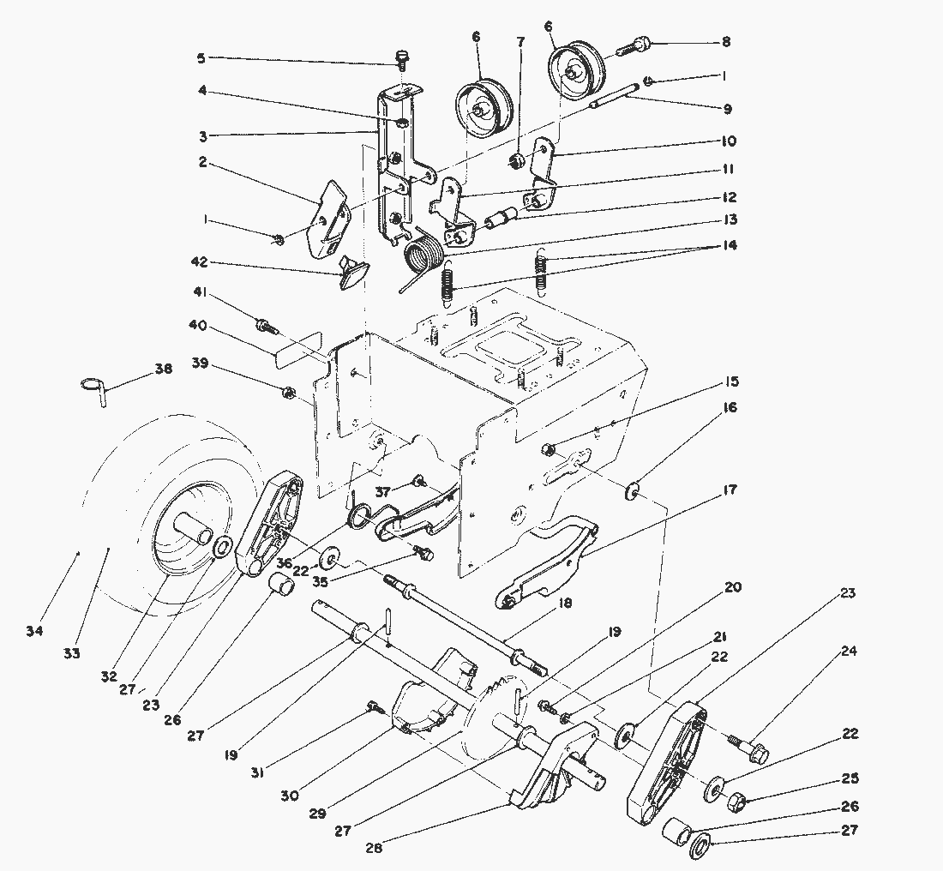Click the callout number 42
click(199, 262)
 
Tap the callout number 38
click(164, 368)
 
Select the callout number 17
click(730, 490)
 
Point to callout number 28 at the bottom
click(374, 848)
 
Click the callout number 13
click(730, 219)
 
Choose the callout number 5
click(201, 58)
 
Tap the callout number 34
click(35, 631)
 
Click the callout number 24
click(849, 650)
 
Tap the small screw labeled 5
click(400, 59)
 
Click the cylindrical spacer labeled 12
click(499, 219)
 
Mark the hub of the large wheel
click(194, 527)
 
